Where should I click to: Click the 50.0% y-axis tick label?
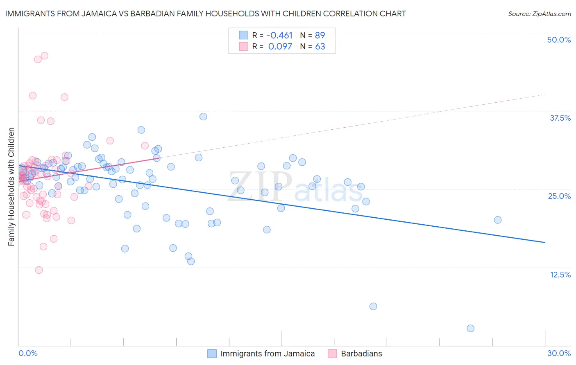(559, 40)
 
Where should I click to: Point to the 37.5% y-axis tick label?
(560, 118)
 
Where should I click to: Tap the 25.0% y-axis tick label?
(559, 196)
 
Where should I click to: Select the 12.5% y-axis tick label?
(560, 275)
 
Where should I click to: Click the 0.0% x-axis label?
(28, 353)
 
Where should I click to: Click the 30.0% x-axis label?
(559, 353)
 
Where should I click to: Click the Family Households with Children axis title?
(11, 187)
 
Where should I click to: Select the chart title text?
(205, 14)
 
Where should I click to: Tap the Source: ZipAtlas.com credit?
(539, 14)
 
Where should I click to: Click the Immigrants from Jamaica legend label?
(268, 354)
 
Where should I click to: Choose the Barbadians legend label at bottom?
(361, 354)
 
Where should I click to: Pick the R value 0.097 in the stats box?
(280, 47)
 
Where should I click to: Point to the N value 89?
(320, 35)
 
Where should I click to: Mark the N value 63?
(320, 47)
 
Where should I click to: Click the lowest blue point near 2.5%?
(470, 328)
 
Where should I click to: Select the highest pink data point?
(45, 56)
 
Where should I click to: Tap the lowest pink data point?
(39, 270)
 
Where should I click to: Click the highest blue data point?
(203, 117)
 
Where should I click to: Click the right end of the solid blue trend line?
(545, 243)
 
